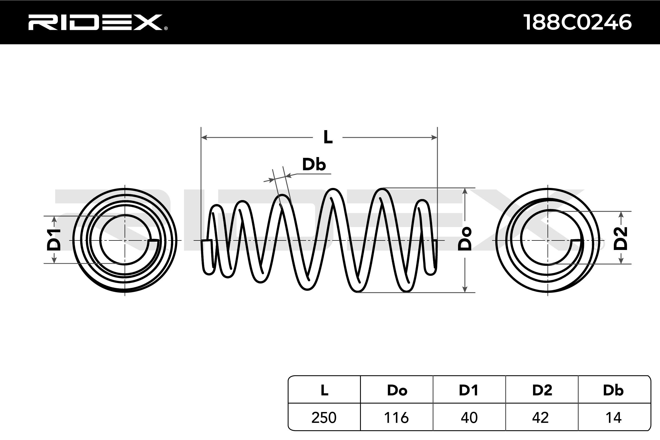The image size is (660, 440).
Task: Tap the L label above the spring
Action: click(328, 137)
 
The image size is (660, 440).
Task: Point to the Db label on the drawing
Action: click(314, 164)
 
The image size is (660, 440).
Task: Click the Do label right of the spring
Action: click(465, 239)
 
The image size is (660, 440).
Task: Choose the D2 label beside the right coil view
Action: click(620, 239)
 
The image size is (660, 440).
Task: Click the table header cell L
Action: click(324, 390)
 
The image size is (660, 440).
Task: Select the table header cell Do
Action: click(397, 390)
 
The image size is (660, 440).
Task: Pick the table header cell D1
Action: click(469, 390)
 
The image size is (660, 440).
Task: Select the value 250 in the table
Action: click(324, 418)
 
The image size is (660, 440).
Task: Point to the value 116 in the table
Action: click(396, 418)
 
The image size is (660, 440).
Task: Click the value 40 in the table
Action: click(469, 418)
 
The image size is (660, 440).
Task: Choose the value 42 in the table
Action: click(540, 418)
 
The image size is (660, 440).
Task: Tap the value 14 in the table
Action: click(614, 418)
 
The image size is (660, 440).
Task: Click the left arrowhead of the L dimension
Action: click(204, 138)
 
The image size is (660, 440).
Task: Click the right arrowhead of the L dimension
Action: click(434, 138)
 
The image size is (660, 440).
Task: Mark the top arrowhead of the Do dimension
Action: click(465, 191)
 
